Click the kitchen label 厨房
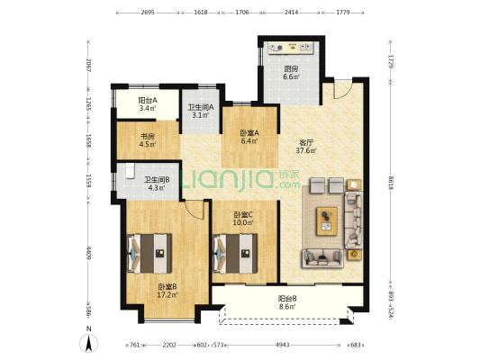coord(291,69)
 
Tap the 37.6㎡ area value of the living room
coord(306,150)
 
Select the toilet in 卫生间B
coord(130,171)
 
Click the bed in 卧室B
coord(149,254)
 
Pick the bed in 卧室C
coord(235,254)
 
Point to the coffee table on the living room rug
coord(327,221)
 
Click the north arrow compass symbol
coord(89,343)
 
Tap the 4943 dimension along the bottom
coord(282,345)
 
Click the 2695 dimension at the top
coord(148,13)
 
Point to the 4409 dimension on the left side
coord(88,253)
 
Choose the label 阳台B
coord(287,298)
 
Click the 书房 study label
coord(148,137)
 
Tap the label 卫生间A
coord(201,108)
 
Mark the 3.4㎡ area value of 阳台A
coord(148,108)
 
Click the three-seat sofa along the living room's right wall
coord(354,220)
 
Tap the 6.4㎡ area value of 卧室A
coord(249,141)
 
